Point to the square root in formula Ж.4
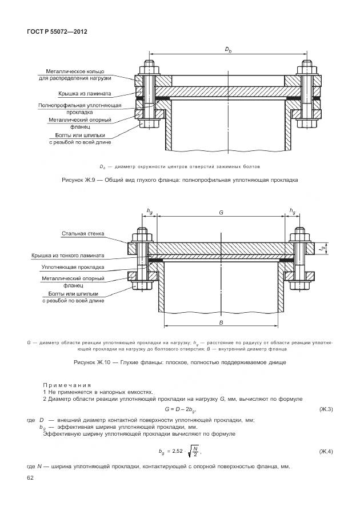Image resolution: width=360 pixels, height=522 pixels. [194, 452]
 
